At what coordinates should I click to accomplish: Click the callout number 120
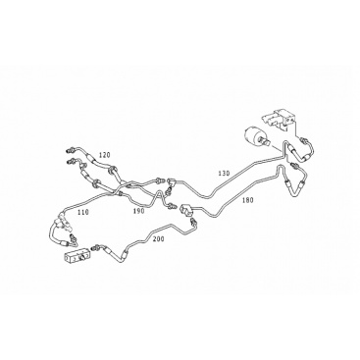click(104, 155)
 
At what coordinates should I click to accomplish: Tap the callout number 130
click(225, 173)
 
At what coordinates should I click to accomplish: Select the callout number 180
click(247, 200)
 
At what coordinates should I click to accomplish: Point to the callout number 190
click(138, 211)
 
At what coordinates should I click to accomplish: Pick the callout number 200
click(159, 239)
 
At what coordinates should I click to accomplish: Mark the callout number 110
click(82, 212)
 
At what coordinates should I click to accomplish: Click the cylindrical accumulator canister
click(254, 135)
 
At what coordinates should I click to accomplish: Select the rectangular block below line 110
click(77, 257)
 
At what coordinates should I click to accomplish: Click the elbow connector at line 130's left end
click(171, 180)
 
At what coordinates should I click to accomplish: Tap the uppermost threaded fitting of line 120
click(70, 150)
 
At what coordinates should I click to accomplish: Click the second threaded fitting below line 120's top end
click(71, 161)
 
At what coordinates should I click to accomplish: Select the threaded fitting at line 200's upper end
click(193, 223)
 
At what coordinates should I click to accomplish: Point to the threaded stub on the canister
click(265, 141)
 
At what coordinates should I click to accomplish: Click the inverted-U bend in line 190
click(159, 195)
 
